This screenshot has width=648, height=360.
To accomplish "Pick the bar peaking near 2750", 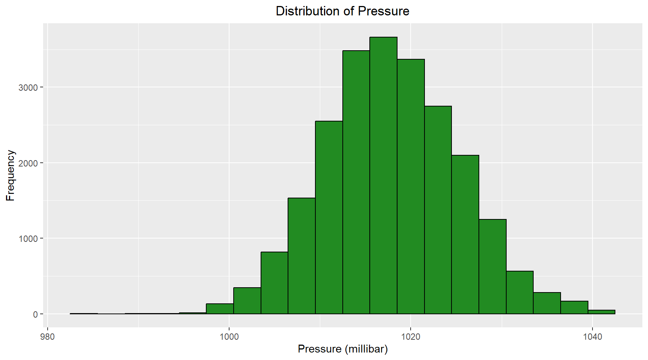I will pos(438,210).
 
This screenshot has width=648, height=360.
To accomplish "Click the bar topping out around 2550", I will pos(329,217).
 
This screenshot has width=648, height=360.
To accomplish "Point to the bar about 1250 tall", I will pos(492,267).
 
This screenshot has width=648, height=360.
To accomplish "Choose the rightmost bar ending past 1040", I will pos(601,312).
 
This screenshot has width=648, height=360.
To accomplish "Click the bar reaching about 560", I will pos(519,292).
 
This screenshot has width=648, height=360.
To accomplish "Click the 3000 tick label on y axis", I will pos(28,87).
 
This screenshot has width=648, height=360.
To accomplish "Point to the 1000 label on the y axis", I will pos(28,238).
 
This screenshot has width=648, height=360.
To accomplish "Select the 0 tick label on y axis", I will pos(35,314).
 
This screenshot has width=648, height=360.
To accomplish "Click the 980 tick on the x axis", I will pos(47,336).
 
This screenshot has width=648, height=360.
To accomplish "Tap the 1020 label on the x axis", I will pos(411,336).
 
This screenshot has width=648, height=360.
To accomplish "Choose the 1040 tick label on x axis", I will pos(592,336).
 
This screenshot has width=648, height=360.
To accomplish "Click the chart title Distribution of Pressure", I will pos(342,11).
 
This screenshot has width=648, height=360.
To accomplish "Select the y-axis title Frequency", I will pos(10,175).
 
